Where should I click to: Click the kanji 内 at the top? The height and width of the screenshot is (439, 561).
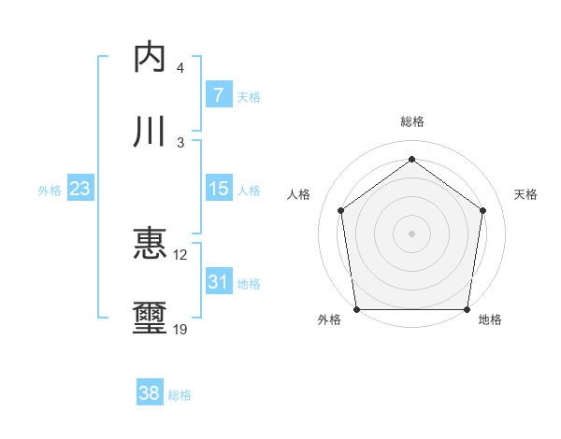[x=151, y=57]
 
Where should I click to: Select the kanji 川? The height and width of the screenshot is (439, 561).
[x=151, y=132]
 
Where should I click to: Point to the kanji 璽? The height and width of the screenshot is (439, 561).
[x=151, y=319]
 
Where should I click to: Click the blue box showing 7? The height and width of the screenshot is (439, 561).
[x=218, y=94]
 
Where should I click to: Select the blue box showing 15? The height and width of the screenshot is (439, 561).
[x=218, y=189]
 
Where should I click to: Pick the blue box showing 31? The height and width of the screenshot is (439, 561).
[x=218, y=282]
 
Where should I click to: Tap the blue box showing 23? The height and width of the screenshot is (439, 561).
[x=80, y=189]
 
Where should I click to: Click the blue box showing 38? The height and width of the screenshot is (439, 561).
[x=150, y=393]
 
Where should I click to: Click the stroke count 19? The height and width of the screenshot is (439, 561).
[x=180, y=329]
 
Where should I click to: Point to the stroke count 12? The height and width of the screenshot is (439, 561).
[x=180, y=255]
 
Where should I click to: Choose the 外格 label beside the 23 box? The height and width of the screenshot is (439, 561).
[x=50, y=190]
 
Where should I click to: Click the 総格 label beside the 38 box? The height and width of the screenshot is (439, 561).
[x=180, y=395]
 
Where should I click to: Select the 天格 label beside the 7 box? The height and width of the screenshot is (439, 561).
[x=249, y=96]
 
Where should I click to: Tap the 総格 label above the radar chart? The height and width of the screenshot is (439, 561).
[x=411, y=122]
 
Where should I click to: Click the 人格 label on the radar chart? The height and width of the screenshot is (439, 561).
[x=299, y=194]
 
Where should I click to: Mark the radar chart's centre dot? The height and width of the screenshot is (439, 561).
[x=411, y=233]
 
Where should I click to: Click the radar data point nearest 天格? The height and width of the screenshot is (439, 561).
[x=482, y=210]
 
